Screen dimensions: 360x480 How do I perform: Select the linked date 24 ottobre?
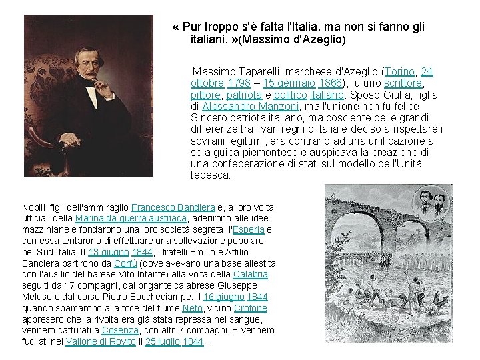207,83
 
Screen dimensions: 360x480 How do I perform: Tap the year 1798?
238,83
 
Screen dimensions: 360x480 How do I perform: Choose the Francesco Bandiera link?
173,207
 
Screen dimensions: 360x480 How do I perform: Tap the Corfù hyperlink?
125,263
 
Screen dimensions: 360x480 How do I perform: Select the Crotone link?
251,308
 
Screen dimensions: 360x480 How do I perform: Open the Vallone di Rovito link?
100,341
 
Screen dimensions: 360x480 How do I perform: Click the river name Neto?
191,308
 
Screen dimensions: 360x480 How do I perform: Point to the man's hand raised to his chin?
99,86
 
